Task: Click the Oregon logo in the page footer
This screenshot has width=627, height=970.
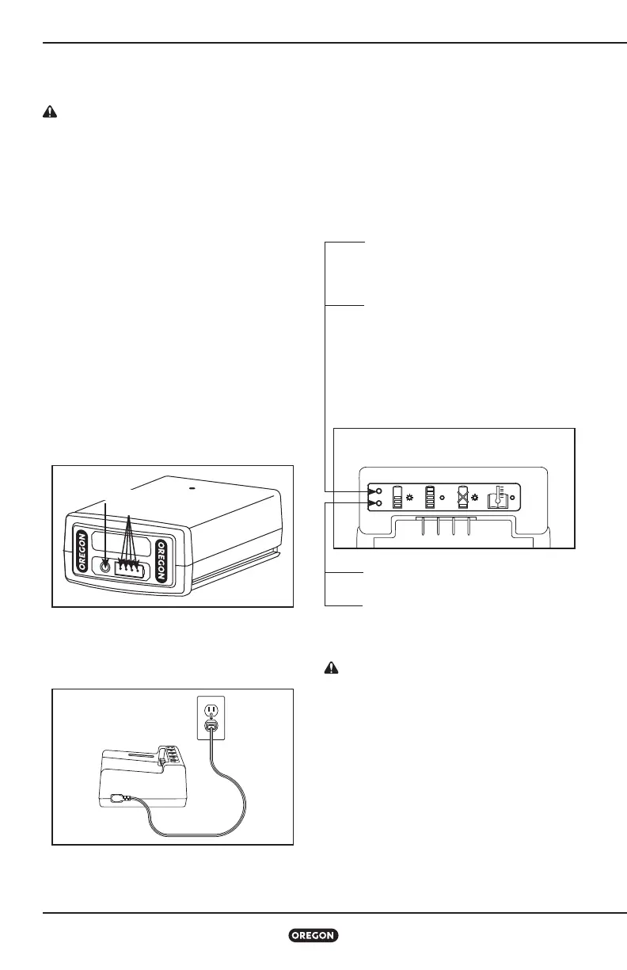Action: tap(313, 935)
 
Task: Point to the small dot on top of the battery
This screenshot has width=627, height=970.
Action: tap(191, 488)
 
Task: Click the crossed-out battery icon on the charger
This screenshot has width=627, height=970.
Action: tap(463, 497)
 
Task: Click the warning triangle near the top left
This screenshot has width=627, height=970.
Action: tap(49, 113)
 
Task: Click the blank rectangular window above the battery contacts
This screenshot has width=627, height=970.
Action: tap(120, 543)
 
